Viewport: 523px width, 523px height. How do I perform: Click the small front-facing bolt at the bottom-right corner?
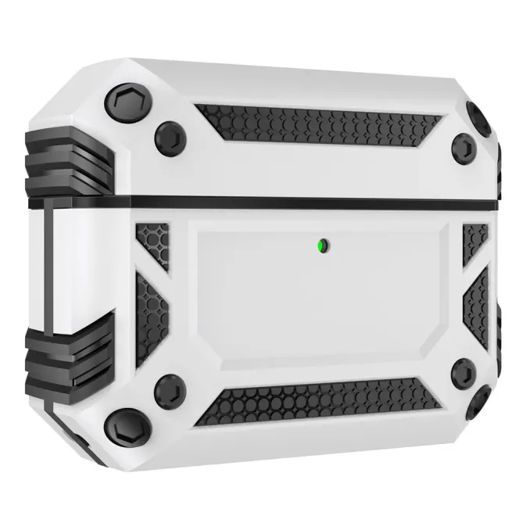coord(464,372)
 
